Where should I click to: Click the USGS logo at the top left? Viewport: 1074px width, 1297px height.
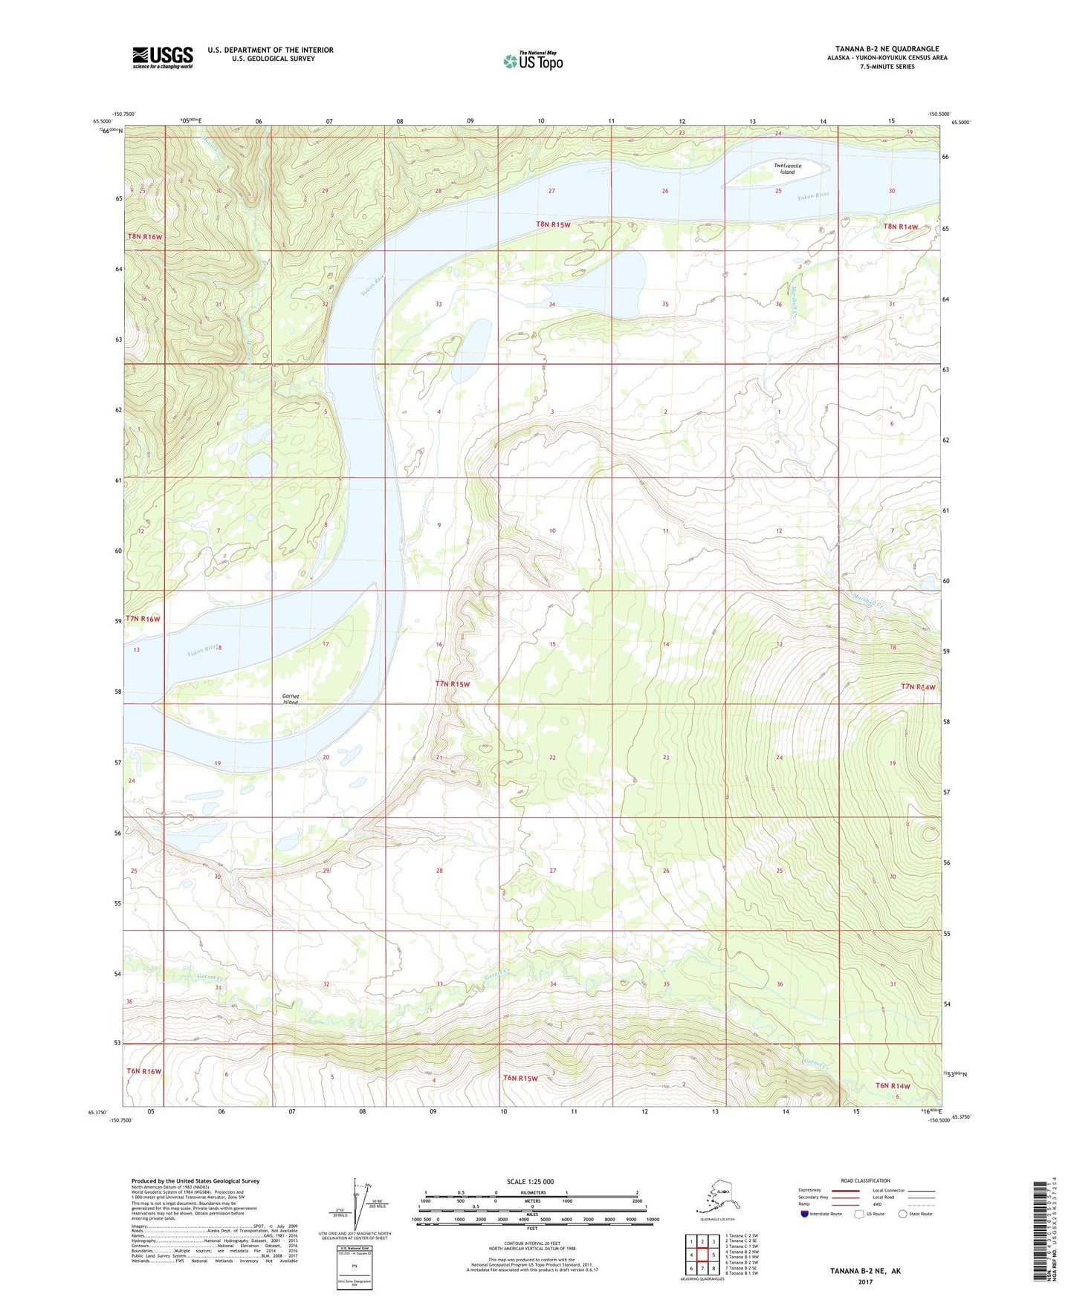[162, 57]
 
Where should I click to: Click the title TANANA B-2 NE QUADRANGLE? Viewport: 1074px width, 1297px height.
[887, 49]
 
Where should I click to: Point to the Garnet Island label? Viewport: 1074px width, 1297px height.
[290, 699]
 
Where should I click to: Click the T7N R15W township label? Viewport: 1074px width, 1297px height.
[453, 683]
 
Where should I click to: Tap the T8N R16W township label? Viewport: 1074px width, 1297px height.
[144, 237]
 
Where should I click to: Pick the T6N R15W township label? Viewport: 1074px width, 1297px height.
[520, 1077]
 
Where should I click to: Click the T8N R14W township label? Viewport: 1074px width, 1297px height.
[900, 227]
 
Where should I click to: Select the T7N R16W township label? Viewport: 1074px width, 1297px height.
[143, 619]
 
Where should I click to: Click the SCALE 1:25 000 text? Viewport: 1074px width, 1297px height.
[531, 1181]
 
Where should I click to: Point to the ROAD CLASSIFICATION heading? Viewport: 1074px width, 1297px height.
[865, 1180]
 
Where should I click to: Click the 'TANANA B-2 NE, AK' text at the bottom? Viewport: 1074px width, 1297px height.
[865, 1271]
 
